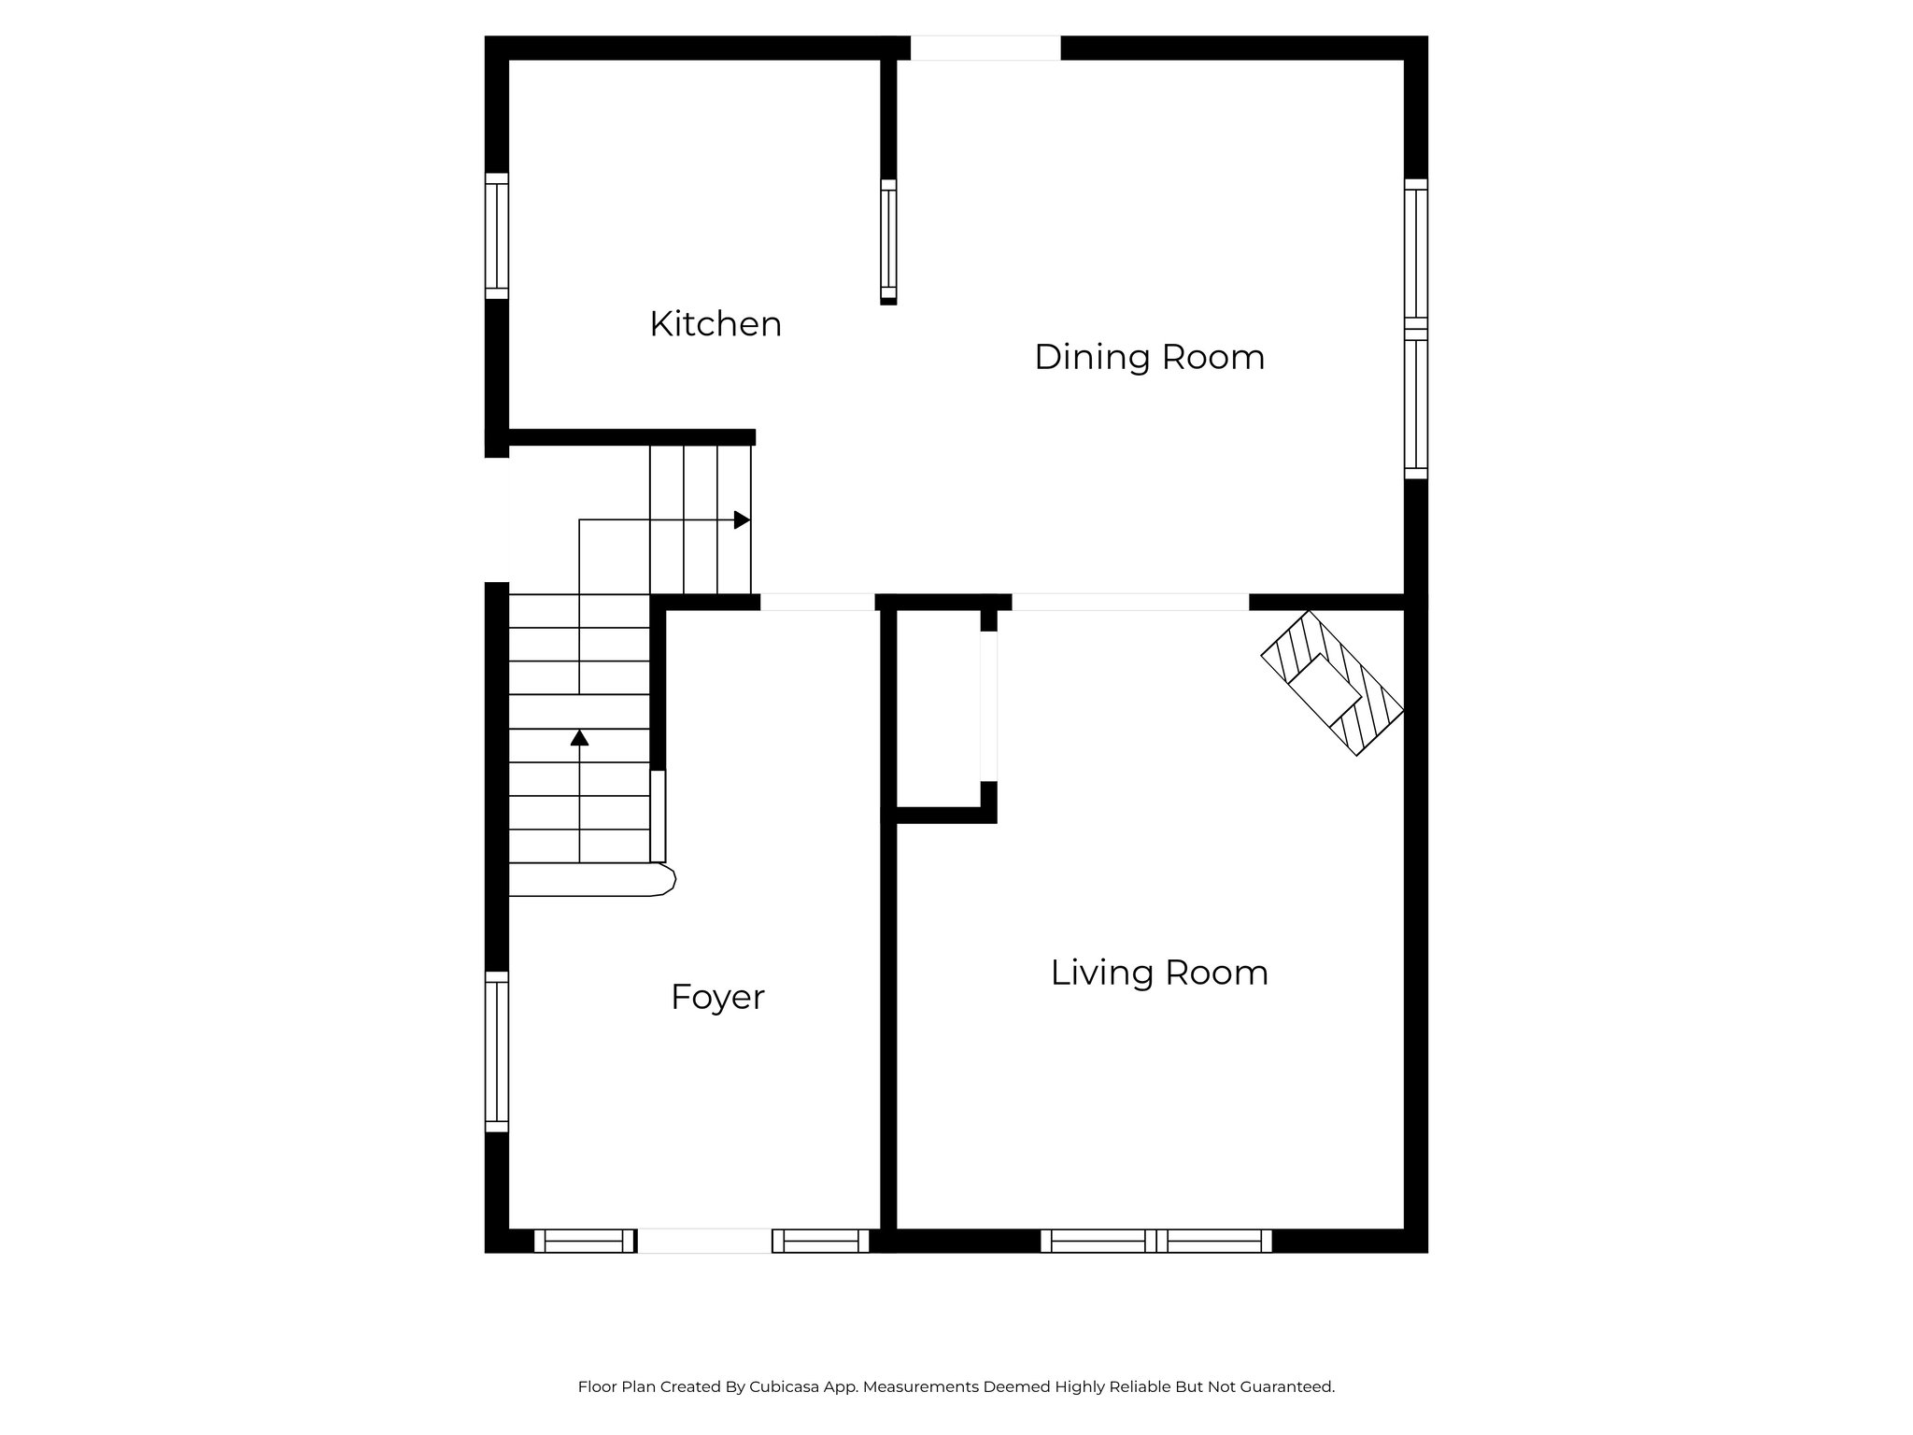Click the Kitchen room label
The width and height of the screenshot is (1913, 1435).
coord(716,324)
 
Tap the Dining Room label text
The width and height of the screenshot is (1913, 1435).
coord(1149,357)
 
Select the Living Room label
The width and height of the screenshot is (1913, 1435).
coord(1158,973)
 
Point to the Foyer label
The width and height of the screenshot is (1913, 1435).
coord(717,997)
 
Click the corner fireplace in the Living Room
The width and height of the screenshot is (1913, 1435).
coord(1332,683)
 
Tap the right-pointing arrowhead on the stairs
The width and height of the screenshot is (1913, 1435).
coord(743,519)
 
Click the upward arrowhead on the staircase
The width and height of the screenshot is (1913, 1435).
coord(579,738)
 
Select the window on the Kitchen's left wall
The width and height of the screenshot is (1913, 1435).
coord(497,236)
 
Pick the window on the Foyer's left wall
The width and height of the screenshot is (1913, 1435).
coord(497,1051)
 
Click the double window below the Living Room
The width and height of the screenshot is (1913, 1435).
coord(1156,1241)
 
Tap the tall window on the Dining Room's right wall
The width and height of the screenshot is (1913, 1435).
coord(1416,329)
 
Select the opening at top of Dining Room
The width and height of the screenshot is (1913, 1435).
coord(985,48)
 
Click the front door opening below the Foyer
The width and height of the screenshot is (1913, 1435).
coord(703,1241)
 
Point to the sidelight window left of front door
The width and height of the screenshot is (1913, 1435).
coord(584,1241)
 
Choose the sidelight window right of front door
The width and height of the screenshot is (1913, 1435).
coord(820,1241)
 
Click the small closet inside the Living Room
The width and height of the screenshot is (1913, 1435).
coord(938,707)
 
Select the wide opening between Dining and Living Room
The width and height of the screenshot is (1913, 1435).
coord(1130,602)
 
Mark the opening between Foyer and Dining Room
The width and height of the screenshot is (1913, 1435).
coord(817,602)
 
